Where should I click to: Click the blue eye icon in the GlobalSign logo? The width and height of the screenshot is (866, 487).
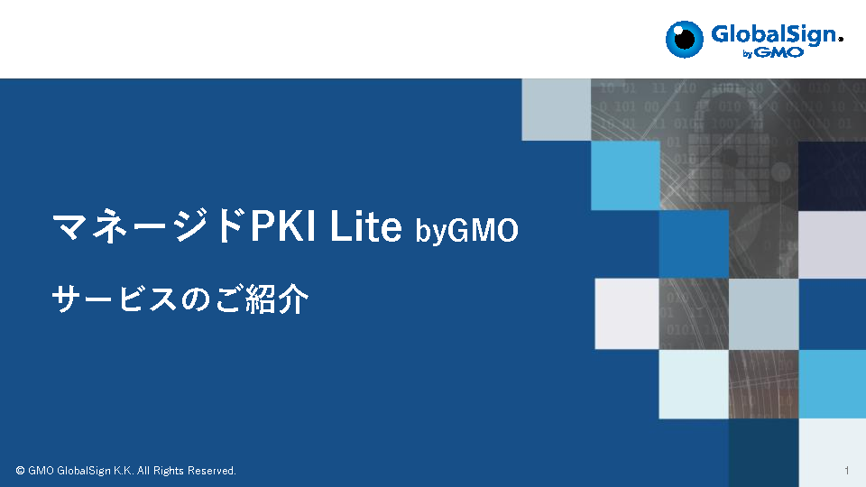point(685,39)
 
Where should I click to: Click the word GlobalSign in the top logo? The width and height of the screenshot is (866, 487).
point(774,35)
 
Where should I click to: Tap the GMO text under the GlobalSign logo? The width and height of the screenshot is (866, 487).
point(779,53)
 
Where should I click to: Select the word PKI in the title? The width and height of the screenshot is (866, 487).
point(282,225)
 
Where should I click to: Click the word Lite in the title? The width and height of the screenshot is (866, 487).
point(365,225)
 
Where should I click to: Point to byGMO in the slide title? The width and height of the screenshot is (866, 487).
point(466,230)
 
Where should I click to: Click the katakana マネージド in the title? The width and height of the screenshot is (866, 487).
point(149,225)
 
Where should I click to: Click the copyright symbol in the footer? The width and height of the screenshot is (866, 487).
point(21,471)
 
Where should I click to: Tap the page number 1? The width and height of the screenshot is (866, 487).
point(846,471)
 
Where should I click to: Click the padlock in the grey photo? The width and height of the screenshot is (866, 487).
point(728,149)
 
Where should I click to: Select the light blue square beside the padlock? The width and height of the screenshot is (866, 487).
point(625,176)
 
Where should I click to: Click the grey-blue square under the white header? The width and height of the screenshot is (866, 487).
point(557,109)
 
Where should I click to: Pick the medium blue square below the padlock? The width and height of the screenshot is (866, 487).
point(694,244)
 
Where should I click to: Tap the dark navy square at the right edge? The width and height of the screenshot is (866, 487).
point(832,176)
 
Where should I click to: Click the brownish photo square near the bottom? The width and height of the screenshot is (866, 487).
point(763,384)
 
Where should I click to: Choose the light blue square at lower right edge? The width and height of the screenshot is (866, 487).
point(832,384)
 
